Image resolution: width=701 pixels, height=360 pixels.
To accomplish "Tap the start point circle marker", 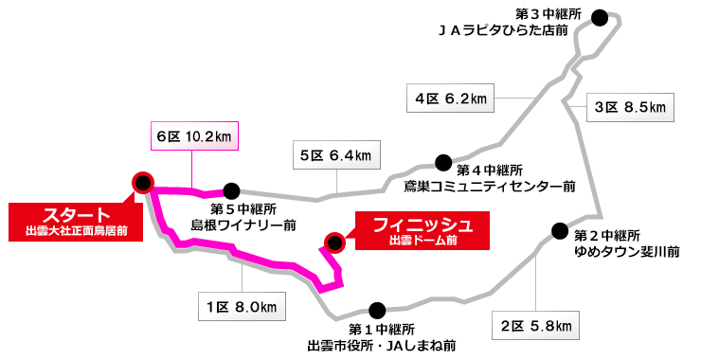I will pyautogui.click(x=143, y=182).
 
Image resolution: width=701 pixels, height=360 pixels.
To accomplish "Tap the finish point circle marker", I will pyautogui.click(x=333, y=242).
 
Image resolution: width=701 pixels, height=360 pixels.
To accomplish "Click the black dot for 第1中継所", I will pyautogui.click(x=378, y=309).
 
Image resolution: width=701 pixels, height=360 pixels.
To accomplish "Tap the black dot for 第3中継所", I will pyautogui.click(x=599, y=15).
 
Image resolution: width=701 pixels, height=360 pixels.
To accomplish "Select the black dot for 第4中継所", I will pyautogui.click(x=442, y=163).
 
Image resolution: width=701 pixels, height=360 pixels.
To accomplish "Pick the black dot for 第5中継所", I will pyautogui.click(x=230, y=189).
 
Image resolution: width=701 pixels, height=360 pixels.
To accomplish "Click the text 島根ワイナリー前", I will pyautogui.click(x=243, y=225).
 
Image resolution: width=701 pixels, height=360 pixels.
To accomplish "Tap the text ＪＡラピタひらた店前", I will pyautogui.click(x=503, y=30).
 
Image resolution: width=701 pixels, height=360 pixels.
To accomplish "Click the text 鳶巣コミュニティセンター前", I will pyautogui.click(x=490, y=187).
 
